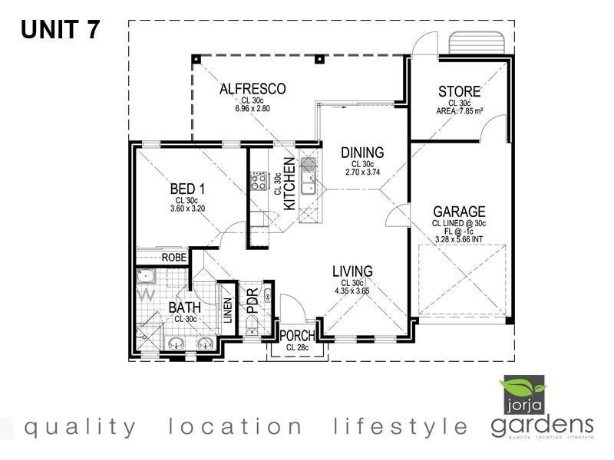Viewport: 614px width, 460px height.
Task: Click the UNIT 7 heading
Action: (60, 30)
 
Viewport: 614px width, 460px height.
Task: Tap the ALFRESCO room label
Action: (253, 90)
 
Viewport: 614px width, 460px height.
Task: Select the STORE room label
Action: (460, 93)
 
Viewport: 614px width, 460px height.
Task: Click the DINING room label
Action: (362, 153)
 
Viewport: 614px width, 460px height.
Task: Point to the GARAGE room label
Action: (459, 212)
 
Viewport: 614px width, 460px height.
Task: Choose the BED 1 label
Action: (186, 189)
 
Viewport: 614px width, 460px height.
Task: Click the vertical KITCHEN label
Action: (289, 183)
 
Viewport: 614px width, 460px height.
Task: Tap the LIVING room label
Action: (352, 271)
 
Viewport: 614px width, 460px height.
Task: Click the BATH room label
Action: (185, 308)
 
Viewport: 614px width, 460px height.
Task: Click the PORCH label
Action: (295, 335)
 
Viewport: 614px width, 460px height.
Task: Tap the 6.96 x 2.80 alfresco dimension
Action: (253, 109)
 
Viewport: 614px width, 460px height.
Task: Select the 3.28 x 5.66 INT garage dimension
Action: (459, 239)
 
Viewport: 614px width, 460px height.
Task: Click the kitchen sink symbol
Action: (308, 182)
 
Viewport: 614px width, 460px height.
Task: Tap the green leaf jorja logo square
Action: (522, 395)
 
